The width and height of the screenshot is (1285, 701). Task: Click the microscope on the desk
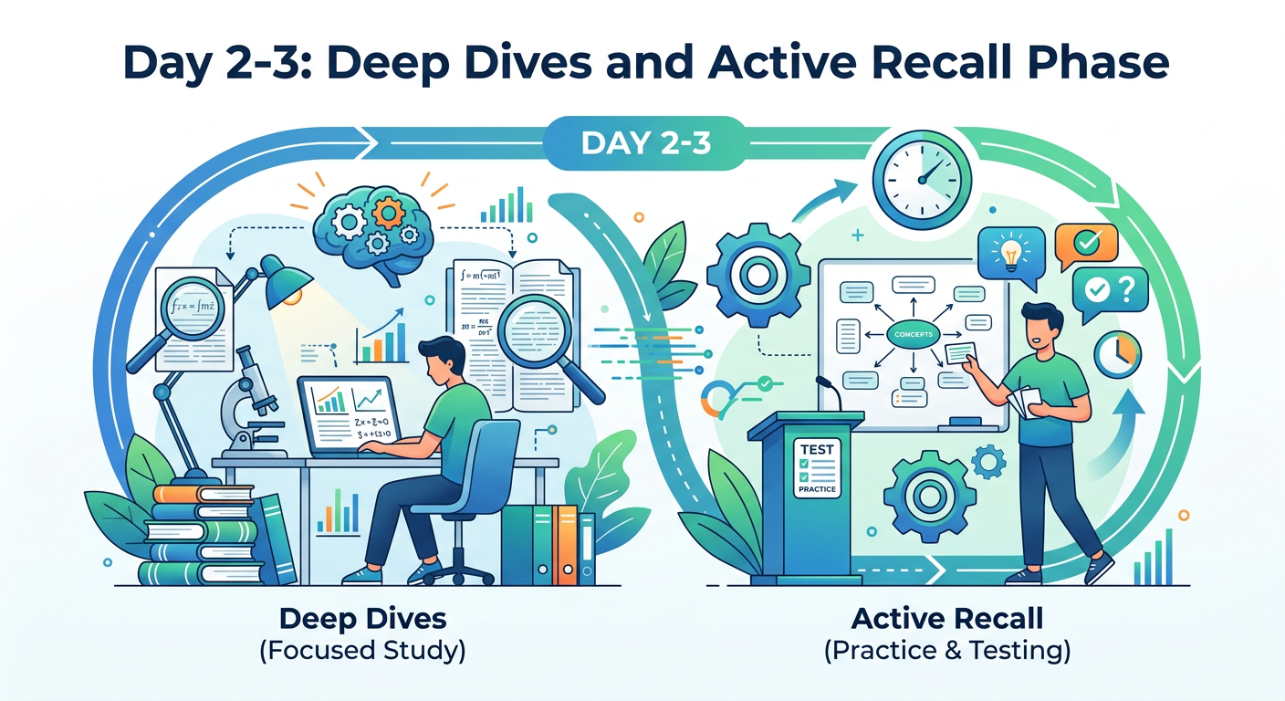tap(247, 402)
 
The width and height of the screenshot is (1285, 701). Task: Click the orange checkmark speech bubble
tap(1086, 245)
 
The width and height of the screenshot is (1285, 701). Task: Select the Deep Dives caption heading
tap(363, 618)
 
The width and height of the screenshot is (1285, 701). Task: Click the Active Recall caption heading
tap(946, 618)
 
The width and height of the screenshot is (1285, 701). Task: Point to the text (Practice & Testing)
tap(946, 652)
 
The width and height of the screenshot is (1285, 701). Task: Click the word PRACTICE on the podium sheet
tap(816, 489)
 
